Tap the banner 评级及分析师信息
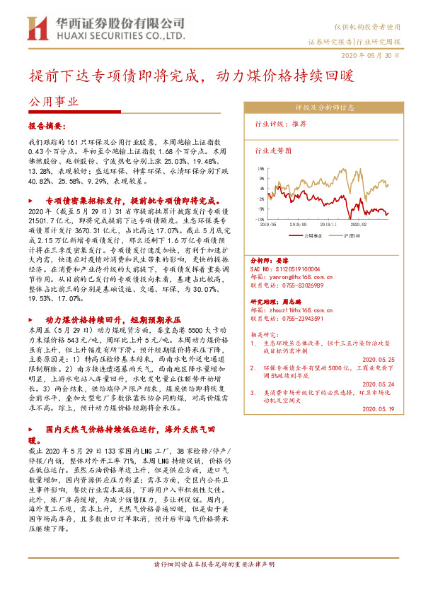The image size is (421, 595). (324, 108)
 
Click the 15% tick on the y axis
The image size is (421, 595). (260, 168)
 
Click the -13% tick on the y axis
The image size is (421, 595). (260, 220)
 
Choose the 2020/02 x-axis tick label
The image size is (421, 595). (375, 225)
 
